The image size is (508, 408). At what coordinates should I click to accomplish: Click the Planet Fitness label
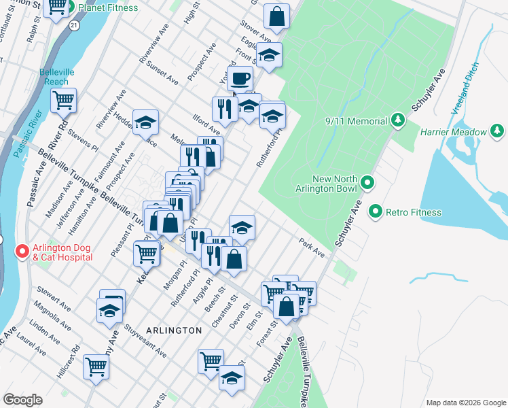108,7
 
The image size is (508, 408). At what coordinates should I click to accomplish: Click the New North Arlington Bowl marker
367,183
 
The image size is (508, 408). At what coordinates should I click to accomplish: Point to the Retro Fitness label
414,212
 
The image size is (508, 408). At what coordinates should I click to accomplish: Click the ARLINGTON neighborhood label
173,330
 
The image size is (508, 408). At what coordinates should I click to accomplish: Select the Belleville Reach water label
54,77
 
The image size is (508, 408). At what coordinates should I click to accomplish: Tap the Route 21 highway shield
73,24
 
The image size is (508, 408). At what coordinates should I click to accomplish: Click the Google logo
22,400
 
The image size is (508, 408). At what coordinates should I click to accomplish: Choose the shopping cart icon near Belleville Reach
63,100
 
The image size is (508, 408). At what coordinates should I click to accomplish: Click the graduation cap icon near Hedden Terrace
145,122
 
